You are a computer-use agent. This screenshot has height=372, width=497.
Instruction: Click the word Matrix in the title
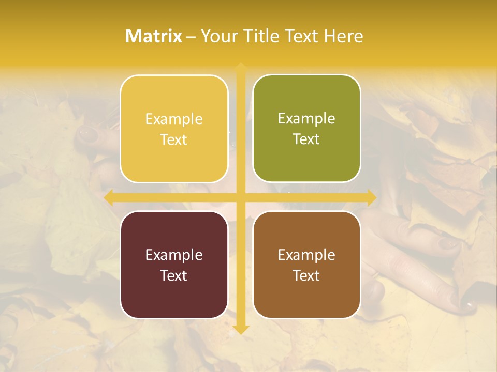[x=154, y=36]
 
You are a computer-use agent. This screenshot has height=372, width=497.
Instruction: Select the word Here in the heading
[x=343, y=36]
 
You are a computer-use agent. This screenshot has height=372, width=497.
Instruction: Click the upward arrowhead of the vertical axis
[x=241, y=67]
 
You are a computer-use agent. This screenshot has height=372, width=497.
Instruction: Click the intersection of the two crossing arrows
[x=241, y=197]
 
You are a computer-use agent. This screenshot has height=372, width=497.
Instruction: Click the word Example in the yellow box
[x=174, y=119]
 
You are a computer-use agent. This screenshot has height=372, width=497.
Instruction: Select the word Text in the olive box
[x=306, y=139]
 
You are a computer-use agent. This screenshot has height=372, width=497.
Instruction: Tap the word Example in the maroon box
[x=174, y=255]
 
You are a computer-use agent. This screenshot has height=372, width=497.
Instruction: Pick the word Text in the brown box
[x=306, y=275]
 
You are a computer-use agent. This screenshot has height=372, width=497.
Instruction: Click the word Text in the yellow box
[x=174, y=140]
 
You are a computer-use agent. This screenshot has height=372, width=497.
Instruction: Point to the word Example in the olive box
[x=306, y=119]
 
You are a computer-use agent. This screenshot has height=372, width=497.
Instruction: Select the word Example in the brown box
[x=306, y=255]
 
